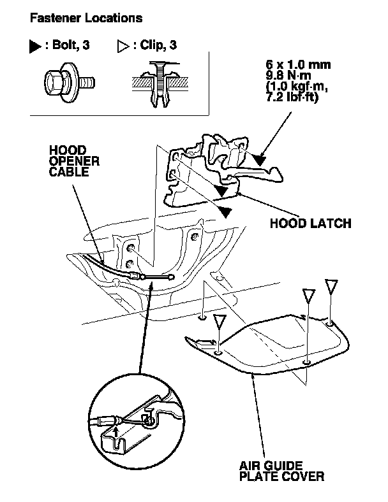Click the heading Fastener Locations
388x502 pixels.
86,18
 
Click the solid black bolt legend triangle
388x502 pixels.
35,47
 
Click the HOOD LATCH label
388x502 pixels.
311,224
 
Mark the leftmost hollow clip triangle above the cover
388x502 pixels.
220,321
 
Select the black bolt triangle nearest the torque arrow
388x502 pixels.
257,158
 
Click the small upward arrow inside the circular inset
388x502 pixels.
116,433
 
